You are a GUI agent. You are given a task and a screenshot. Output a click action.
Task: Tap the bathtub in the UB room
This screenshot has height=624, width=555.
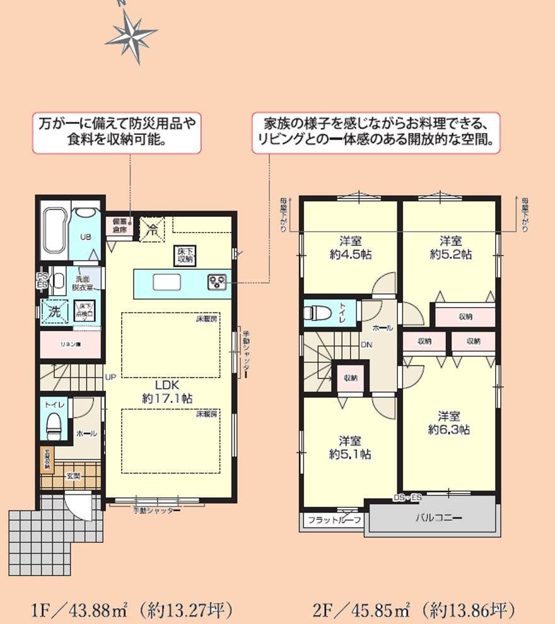54,231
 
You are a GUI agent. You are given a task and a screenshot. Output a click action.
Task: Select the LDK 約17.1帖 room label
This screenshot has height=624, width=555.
164,391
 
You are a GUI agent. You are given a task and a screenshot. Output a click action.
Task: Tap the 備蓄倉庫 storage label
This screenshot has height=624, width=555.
119,226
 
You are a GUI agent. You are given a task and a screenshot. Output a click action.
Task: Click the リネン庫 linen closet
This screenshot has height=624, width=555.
69,345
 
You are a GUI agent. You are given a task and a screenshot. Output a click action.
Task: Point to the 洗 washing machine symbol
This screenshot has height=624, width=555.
54,311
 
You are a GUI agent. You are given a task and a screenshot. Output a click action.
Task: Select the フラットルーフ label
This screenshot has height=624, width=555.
334,521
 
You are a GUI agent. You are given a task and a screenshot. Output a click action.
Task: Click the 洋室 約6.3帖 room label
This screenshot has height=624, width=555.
449,423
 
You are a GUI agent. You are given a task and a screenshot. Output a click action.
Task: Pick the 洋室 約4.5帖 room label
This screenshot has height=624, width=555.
349,248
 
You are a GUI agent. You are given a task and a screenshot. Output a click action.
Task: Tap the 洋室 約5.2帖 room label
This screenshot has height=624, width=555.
450,248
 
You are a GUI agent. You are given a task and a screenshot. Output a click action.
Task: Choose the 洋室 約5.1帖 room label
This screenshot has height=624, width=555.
349,447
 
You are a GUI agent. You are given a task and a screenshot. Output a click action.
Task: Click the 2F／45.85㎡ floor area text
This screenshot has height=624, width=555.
414,610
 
